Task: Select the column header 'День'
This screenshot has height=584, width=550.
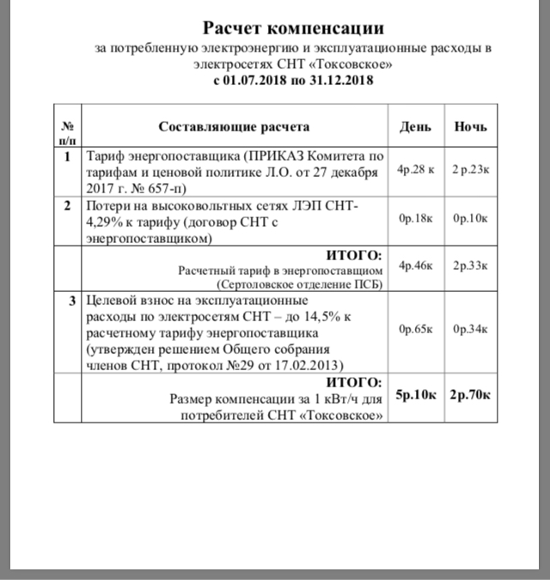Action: (x=415, y=126)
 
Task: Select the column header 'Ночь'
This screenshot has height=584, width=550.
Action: (x=471, y=126)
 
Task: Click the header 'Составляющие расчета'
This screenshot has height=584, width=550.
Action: (x=234, y=126)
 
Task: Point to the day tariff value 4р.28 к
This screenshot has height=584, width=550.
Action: (x=415, y=170)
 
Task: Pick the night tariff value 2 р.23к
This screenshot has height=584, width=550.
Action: (x=471, y=170)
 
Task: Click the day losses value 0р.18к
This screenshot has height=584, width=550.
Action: (x=415, y=219)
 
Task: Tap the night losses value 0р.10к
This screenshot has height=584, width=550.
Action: (x=471, y=219)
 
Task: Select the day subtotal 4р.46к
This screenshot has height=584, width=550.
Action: (x=415, y=268)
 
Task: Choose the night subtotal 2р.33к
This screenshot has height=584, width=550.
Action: (x=471, y=268)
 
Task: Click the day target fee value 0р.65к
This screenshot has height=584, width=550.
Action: (x=415, y=329)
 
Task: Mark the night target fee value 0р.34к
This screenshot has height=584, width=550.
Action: (x=471, y=329)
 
